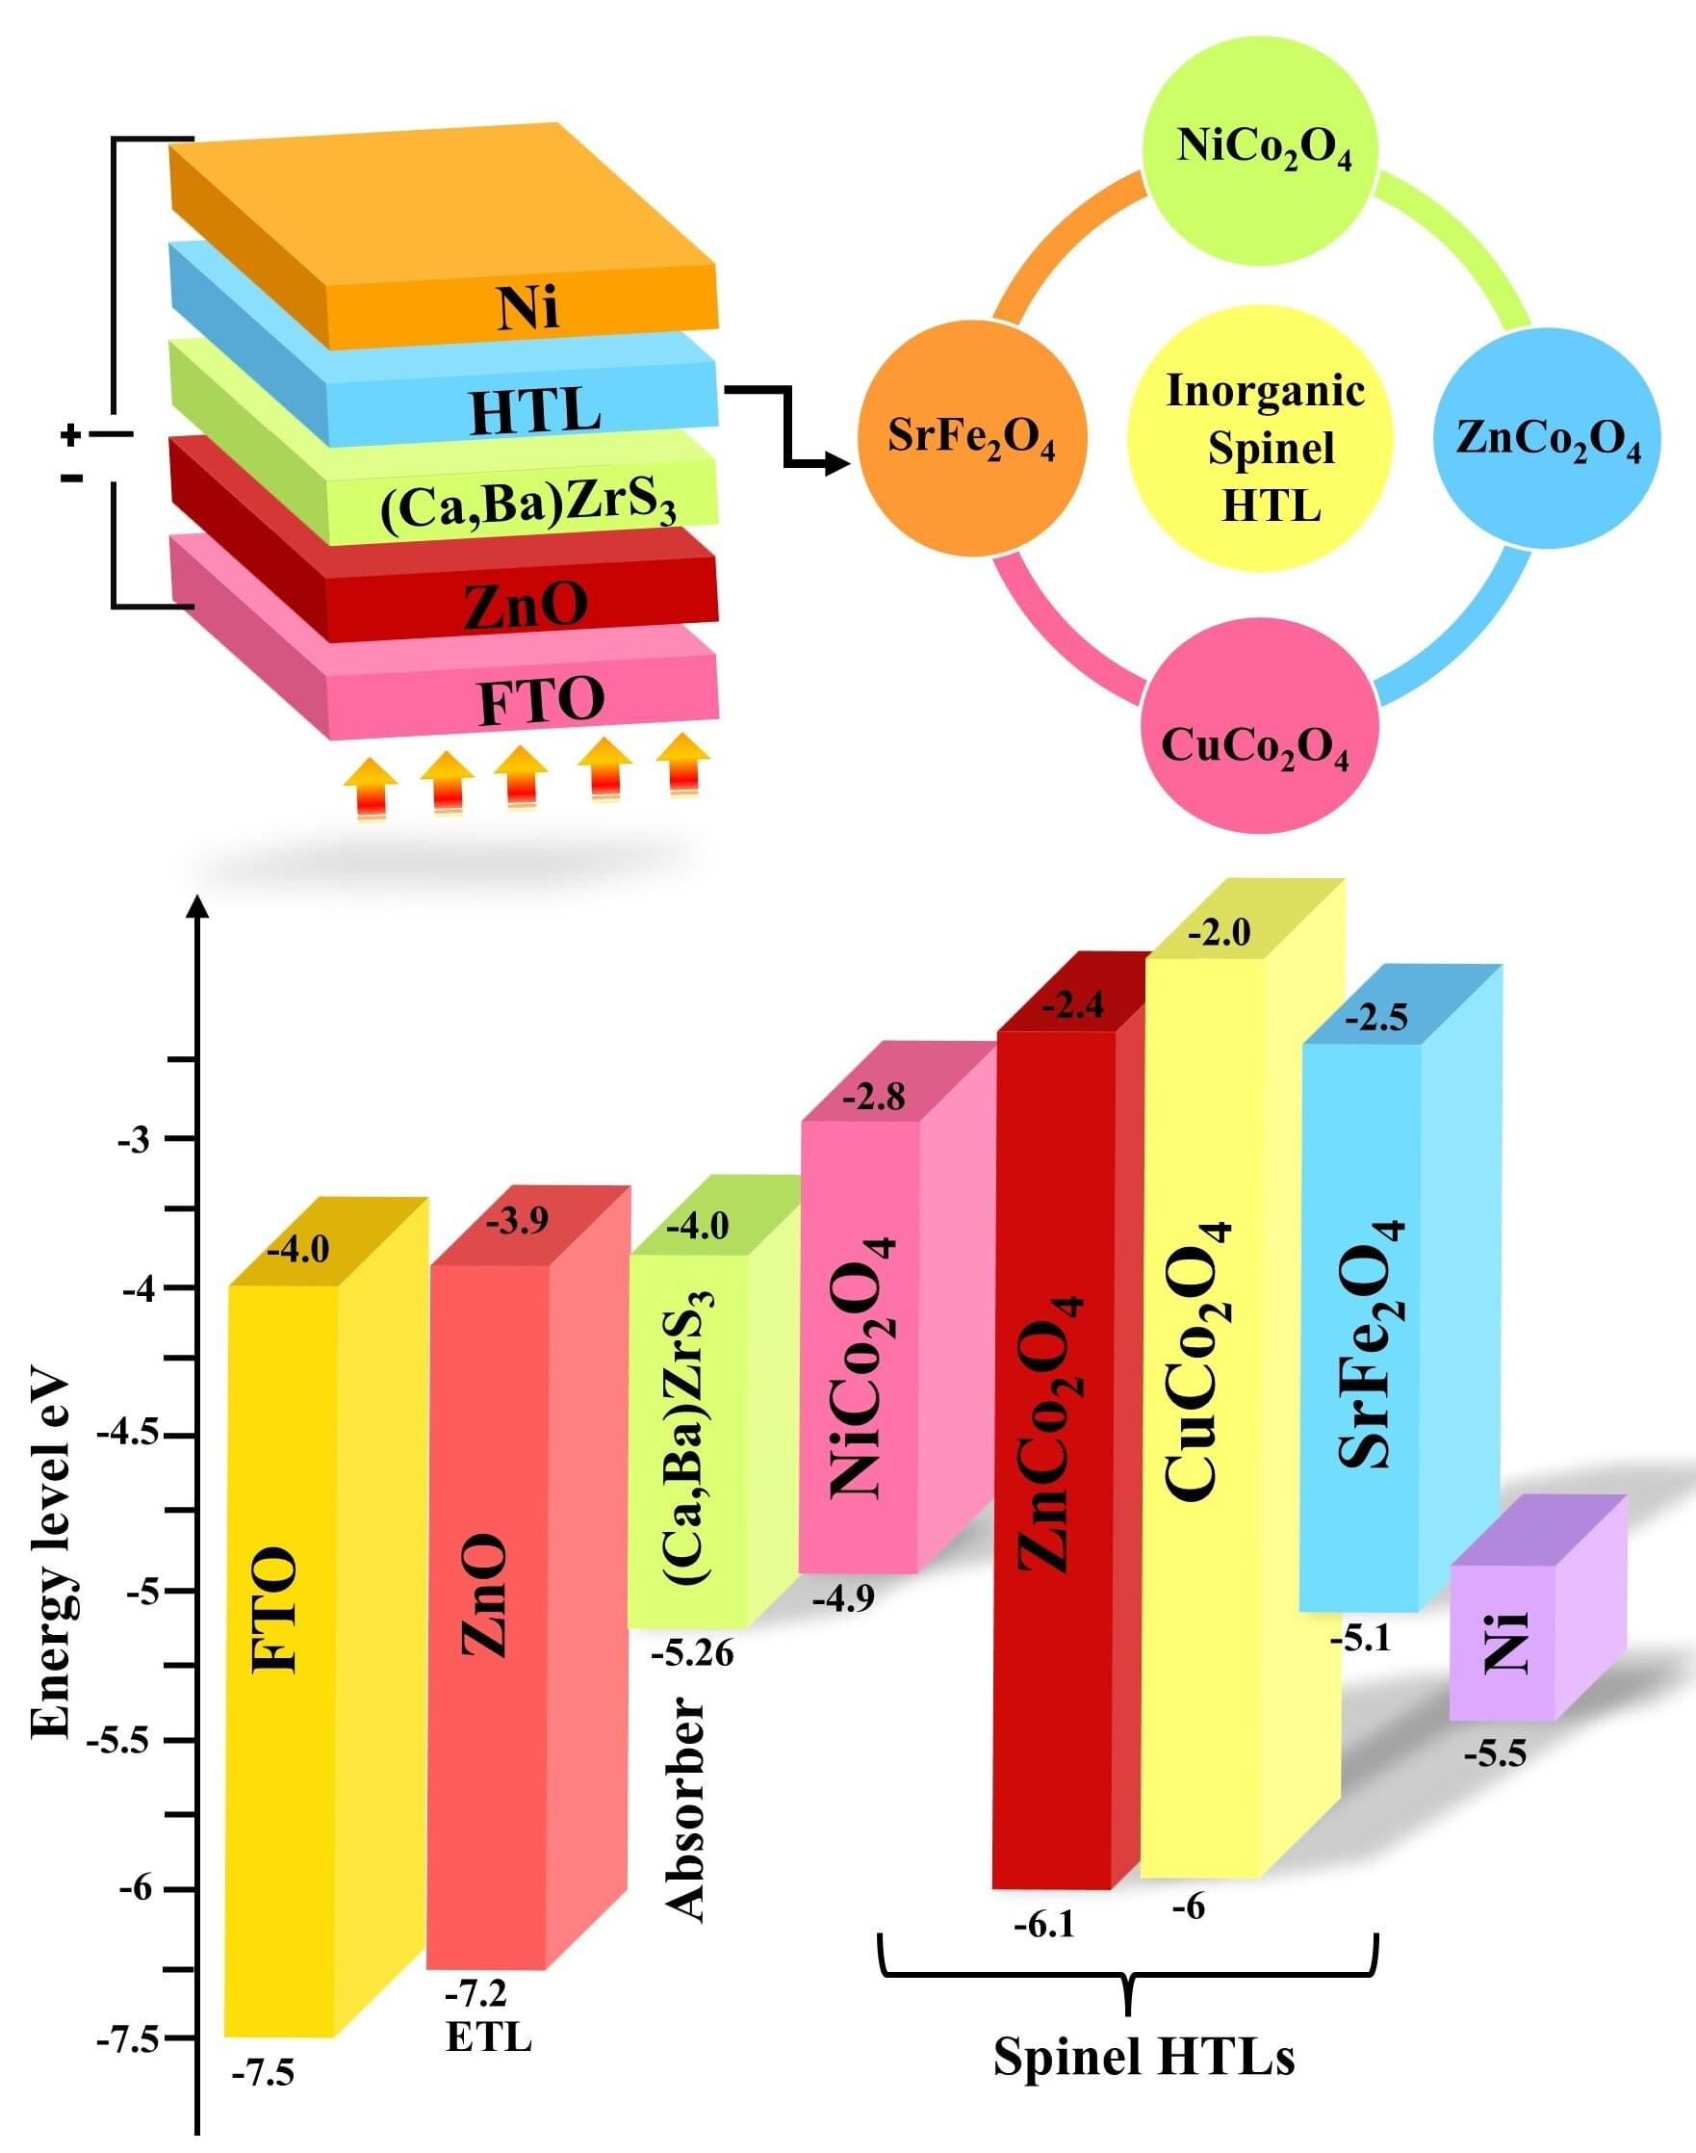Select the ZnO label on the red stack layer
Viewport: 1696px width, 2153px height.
click(x=526, y=604)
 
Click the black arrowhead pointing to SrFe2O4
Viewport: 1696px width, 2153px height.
click(x=838, y=464)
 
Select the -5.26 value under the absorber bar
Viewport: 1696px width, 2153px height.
click(x=692, y=1653)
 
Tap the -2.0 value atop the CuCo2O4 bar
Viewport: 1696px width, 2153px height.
click(x=1220, y=933)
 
